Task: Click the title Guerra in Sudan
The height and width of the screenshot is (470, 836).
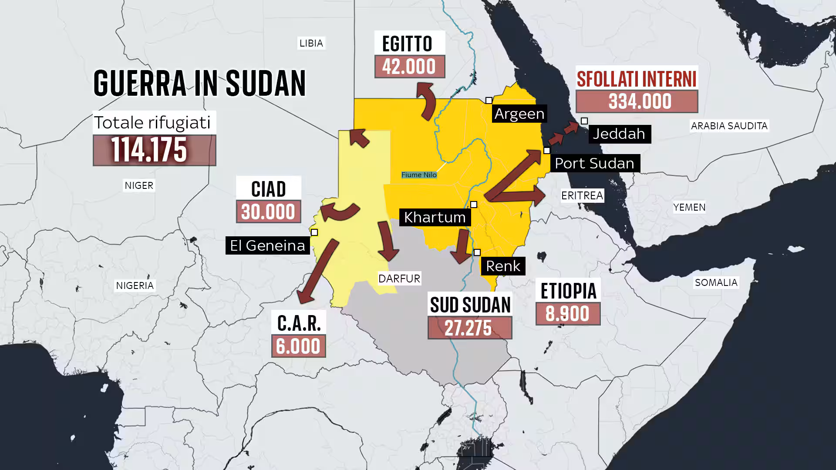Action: coord(199,83)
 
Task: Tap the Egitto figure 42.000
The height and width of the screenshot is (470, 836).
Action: coord(409,67)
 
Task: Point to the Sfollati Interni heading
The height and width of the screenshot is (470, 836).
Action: coord(637,79)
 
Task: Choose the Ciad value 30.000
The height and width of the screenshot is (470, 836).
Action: coord(268,212)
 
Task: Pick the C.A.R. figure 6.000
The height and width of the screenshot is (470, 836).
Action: coord(298,346)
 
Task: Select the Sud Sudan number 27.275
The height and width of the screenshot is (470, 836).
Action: coord(469,328)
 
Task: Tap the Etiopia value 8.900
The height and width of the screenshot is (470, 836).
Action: coord(568,314)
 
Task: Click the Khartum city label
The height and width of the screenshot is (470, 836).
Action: coord(435,217)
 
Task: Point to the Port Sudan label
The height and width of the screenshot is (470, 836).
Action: coord(594,163)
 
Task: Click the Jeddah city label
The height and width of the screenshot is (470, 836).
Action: coord(619,134)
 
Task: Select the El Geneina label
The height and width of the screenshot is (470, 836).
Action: coord(267,245)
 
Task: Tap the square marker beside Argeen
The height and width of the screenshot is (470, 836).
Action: coord(489,101)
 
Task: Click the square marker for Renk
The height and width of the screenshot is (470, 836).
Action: coord(477,252)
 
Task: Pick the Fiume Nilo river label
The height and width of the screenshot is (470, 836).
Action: coord(419,175)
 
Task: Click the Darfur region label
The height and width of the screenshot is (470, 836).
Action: coord(399,279)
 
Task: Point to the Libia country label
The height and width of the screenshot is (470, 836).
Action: coord(311,43)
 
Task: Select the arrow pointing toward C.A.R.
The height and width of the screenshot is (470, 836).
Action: coord(317,272)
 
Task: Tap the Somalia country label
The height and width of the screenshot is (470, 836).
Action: coord(716,282)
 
